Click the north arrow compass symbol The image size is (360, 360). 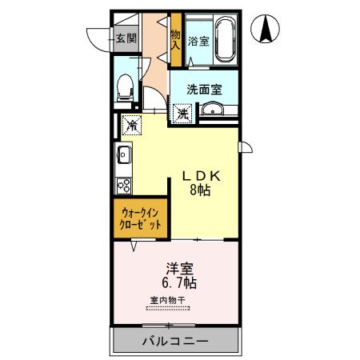click(266, 31)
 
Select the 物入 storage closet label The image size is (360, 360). click(175, 41)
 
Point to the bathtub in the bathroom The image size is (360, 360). click(223, 39)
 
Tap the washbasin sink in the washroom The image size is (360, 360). click(212, 110)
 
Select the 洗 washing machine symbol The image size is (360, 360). click(182, 114)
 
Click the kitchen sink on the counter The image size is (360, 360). click(125, 154)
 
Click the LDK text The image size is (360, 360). click(199, 175)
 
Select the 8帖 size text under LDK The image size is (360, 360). click(199, 191)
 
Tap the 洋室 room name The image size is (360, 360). click(178, 268)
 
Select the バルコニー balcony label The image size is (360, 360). click(175, 341)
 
